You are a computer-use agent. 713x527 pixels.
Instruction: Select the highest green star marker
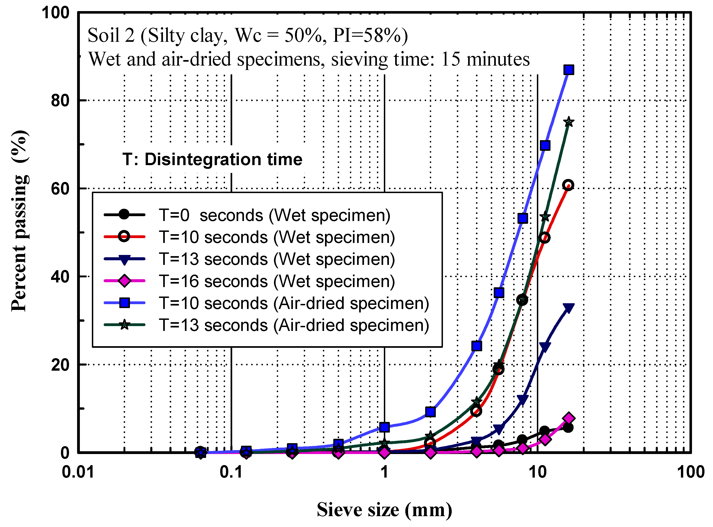point(569,122)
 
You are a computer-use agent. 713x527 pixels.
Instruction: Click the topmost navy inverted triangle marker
point(569,308)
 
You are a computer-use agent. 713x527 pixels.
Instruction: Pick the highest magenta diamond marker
point(569,418)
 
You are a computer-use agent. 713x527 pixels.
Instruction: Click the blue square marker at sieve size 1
point(385,427)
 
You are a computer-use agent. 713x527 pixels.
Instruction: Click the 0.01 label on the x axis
point(78,472)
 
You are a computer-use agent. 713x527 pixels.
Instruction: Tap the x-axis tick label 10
point(538,472)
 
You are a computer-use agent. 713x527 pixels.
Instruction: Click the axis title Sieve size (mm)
point(384,509)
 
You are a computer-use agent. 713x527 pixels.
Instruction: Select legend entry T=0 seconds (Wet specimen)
point(274,215)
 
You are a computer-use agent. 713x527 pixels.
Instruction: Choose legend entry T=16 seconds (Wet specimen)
point(277,281)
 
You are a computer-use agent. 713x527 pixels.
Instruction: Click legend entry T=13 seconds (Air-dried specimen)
point(294,325)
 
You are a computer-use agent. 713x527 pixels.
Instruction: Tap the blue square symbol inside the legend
point(124,303)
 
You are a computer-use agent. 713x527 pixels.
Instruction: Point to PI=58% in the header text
point(370,35)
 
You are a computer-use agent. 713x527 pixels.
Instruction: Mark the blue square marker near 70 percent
point(545,145)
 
